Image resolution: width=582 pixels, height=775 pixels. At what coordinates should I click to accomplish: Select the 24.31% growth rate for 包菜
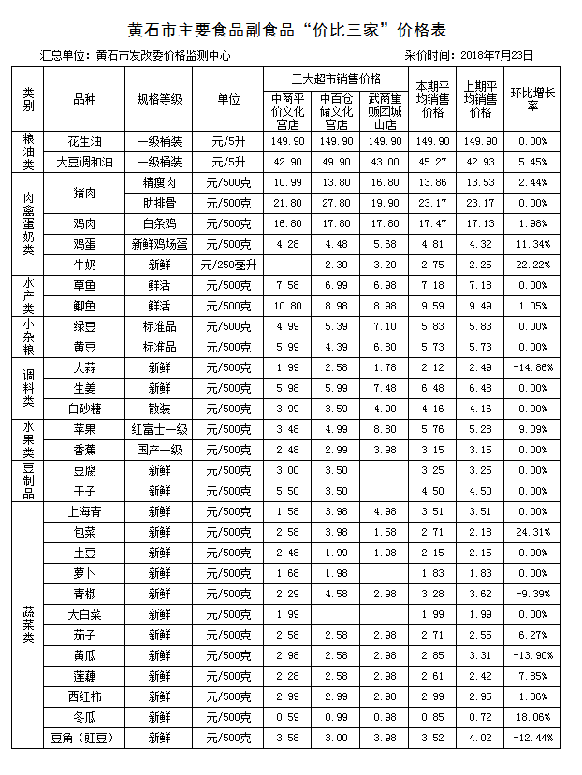click(x=532, y=532)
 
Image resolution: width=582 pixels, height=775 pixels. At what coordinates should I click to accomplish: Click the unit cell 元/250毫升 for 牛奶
click(x=228, y=265)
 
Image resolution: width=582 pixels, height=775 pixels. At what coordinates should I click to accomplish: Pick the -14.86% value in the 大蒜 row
click(x=532, y=367)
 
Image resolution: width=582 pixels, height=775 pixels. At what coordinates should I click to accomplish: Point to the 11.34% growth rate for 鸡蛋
click(x=532, y=244)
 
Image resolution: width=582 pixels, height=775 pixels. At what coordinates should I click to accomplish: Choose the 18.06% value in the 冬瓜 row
click(x=532, y=717)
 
